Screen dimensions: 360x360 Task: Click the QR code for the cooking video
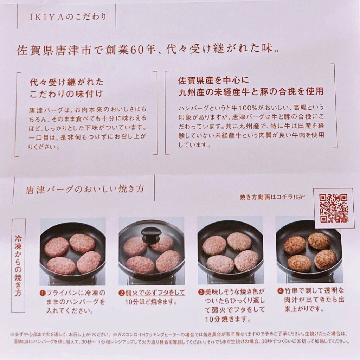coord(334,208)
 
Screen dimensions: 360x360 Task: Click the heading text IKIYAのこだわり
coord(67,17)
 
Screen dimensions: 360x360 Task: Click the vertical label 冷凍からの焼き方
coord(18,265)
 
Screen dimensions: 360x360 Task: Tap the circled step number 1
coord(42,293)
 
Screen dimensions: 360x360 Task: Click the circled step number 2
coord(121,293)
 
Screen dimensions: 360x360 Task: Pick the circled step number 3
coord(201,292)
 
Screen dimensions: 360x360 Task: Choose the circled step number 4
coord(280,291)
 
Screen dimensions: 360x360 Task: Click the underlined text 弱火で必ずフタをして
coord(155,293)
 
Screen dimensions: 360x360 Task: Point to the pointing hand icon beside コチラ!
coord(300,197)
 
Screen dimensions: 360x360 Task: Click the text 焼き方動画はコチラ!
coord(268,197)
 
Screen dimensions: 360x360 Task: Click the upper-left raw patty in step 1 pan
coord(56,247)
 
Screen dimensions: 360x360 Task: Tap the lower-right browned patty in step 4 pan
coord(326,260)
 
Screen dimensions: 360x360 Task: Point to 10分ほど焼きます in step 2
coord(151,302)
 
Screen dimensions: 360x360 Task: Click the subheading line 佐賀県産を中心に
coord(213,80)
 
